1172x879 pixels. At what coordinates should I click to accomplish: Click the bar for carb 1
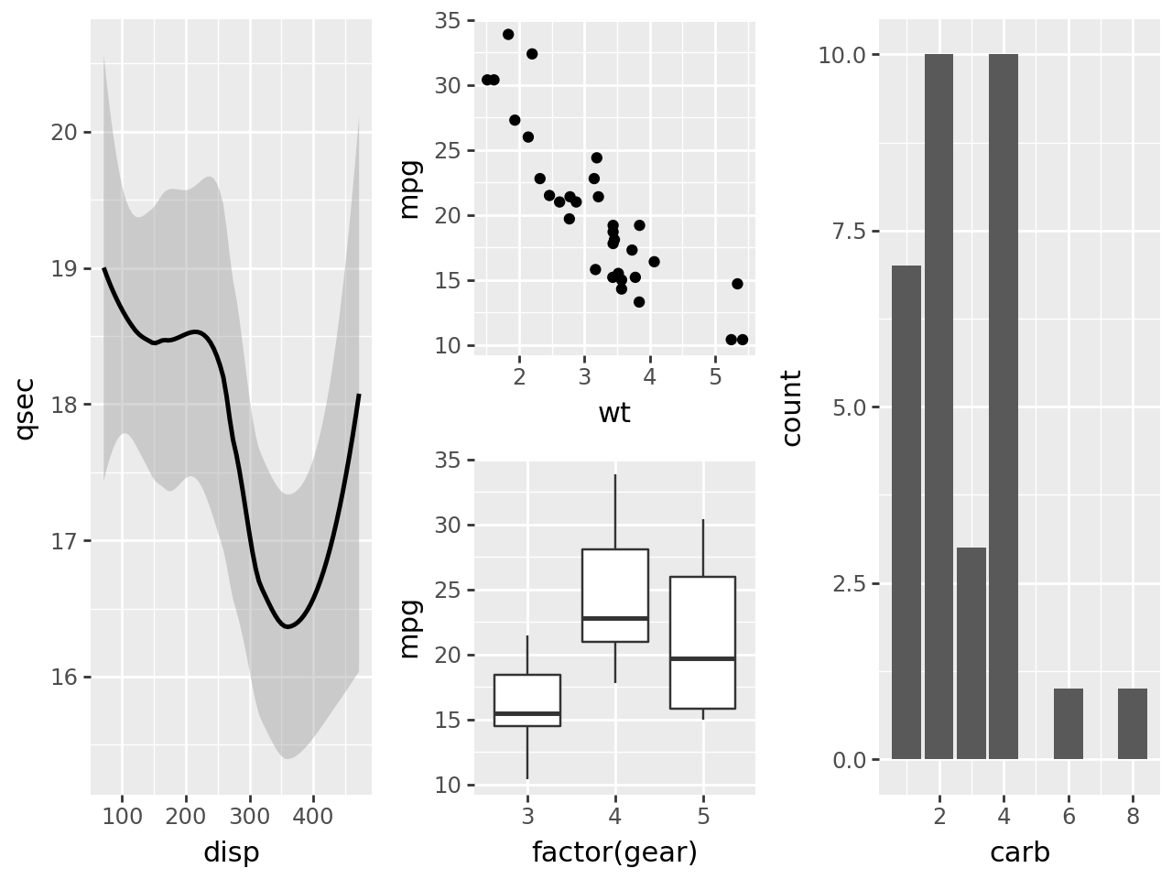(906, 513)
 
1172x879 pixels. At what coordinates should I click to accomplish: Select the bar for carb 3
(971, 654)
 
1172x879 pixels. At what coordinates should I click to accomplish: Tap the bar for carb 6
(1069, 724)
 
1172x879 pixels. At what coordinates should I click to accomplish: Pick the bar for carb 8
(1133, 724)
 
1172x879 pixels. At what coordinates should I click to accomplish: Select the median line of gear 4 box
(615, 618)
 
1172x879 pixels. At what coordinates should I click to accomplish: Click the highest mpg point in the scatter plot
(508, 35)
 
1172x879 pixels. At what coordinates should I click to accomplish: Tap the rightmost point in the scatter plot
(743, 340)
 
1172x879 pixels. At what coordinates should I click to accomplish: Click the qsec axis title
(26, 407)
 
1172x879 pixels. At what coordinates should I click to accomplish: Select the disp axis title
(231, 853)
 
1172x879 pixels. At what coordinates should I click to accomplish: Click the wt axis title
(614, 414)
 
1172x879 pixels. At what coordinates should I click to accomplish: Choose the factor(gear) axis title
(614, 853)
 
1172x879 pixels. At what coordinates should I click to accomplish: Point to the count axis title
(792, 407)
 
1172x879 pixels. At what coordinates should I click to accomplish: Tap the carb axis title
(1019, 853)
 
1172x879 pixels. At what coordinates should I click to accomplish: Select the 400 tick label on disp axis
(313, 817)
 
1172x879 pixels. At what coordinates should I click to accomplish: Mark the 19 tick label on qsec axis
(64, 269)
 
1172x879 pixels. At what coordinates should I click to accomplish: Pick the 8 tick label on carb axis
(1133, 817)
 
